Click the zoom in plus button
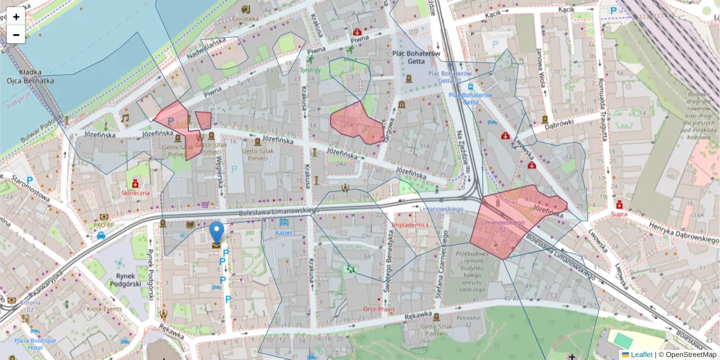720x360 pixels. pyautogui.click(x=16, y=17)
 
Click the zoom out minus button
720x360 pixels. pyautogui.click(x=16, y=35)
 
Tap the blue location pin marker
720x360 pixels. pyautogui.click(x=217, y=233)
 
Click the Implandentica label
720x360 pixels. pyautogui.click(x=410, y=225)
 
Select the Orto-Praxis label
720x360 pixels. pyautogui.click(x=379, y=309)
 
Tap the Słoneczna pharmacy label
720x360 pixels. pyautogui.click(x=136, y=193)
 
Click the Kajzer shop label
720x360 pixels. pyautogui.click(x=284, y=232)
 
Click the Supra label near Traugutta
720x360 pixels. pyautogui.click(x=619, y=213)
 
